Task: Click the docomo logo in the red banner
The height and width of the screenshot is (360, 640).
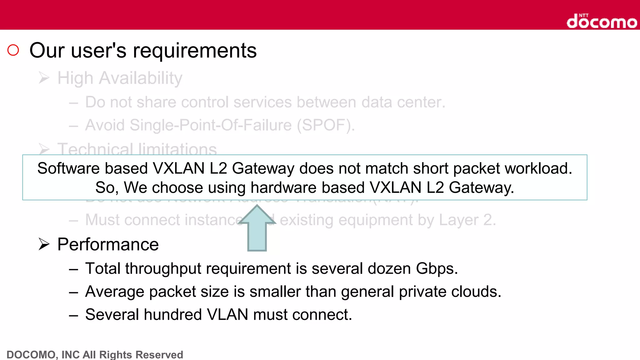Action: [602, 21]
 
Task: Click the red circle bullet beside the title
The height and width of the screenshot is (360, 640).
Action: [13, 50]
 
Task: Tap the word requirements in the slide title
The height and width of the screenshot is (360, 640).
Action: [195, 51]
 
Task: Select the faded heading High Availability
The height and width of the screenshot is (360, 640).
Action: [120, 78]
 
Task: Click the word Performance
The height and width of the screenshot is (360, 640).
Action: [108, 244]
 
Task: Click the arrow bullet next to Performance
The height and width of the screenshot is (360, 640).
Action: [44, 244]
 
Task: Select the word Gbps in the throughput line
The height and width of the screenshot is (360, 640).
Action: [437, 269]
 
